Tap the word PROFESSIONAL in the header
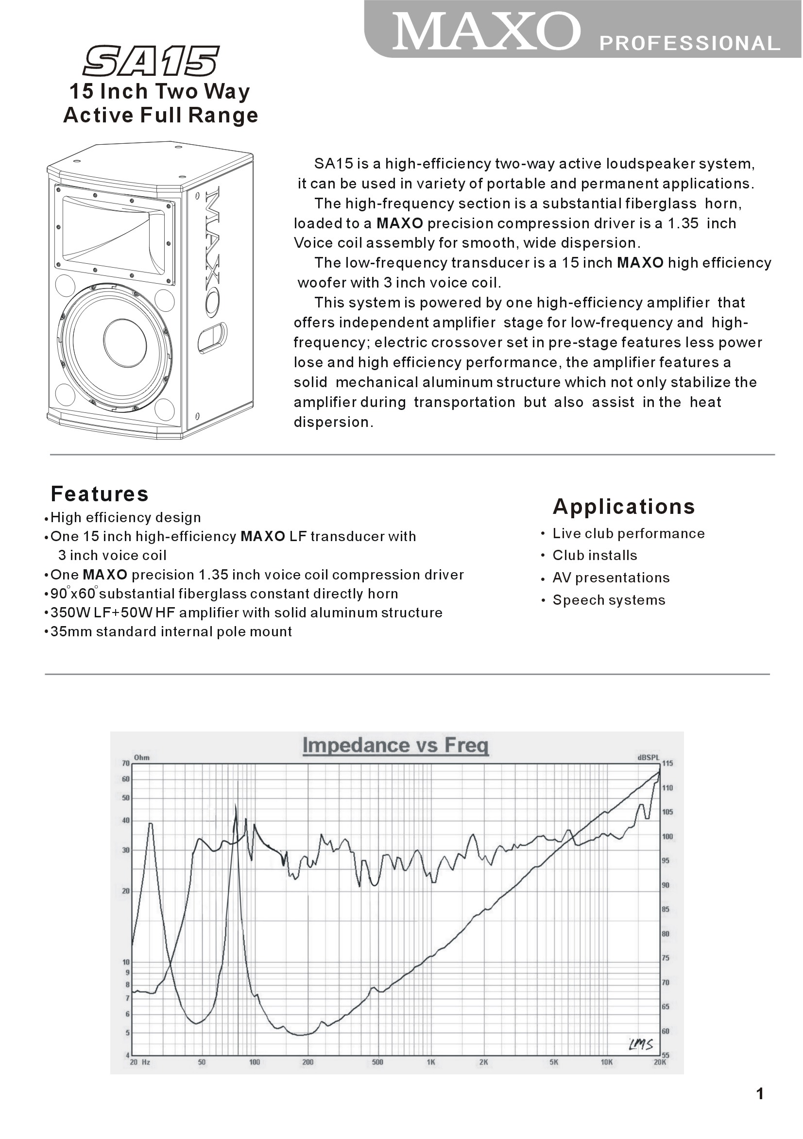click(690, 44)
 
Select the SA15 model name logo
click(151, 62)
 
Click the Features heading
click(100, 494)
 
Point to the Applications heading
click(624, 507)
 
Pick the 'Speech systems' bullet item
click(609, 600)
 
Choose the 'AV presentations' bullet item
click(611, 578)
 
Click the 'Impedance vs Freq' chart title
click(395, 746)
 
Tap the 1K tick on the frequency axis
click(431, 1063)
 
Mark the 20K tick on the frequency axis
click(660, 1063)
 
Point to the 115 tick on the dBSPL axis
click(667, 764)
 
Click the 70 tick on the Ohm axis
click(126, 764)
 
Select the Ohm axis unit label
click(142, 758)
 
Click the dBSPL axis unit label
click(648, 758)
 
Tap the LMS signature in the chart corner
click(641, 1045)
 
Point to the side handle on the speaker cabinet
click(212, 339)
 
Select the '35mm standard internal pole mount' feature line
click(171, 632)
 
